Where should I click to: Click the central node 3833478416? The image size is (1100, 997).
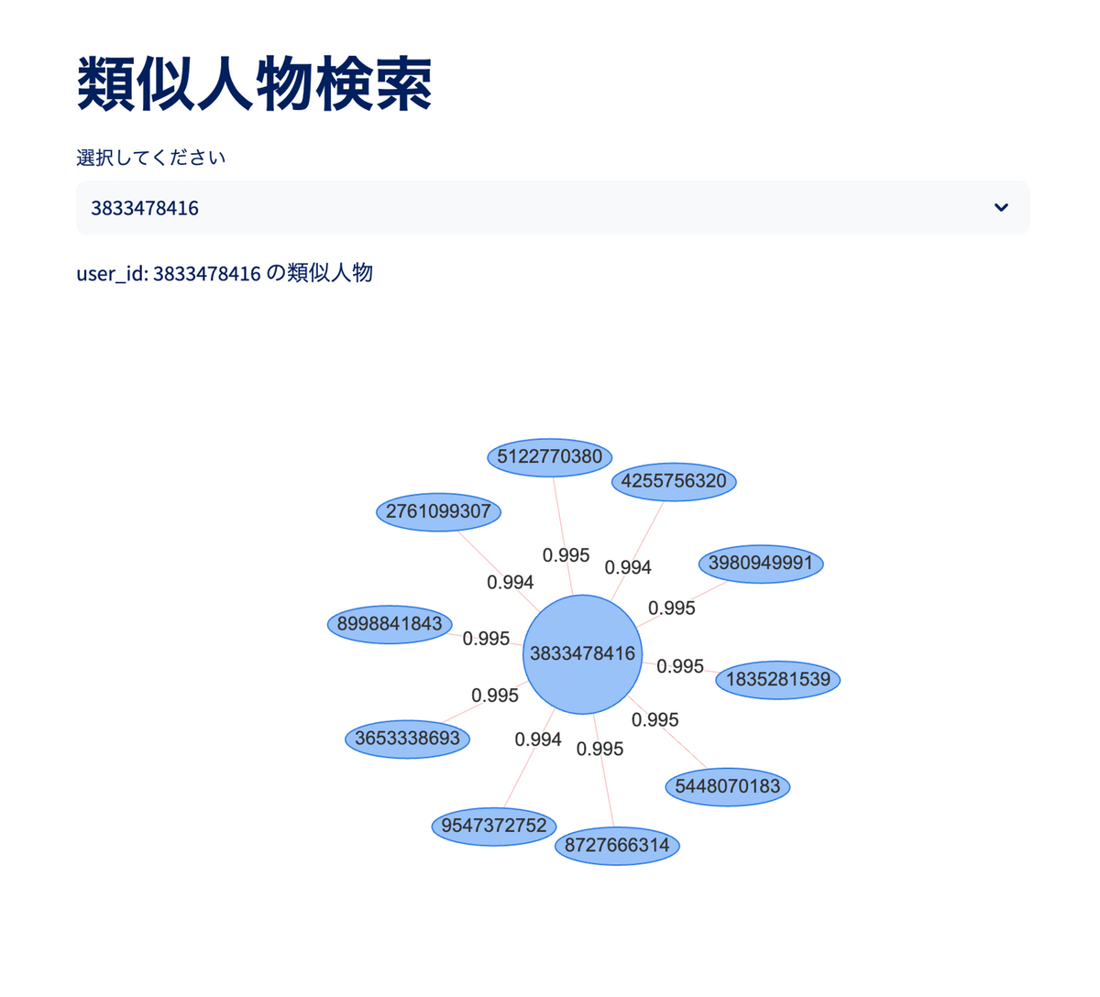click(582, 654)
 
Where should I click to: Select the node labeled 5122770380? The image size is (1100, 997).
click(550, 457)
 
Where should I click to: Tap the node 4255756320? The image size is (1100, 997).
click(674, 481)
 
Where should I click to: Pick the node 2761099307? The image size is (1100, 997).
click(438, 511)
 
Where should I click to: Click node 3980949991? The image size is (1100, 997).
click(761, 563)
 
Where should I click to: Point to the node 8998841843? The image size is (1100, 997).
click(390, 624)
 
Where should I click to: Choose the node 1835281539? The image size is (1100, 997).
click(778, 680)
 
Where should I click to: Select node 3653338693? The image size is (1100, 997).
click(407, 739)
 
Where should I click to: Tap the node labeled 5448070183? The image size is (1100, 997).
click(728, 786)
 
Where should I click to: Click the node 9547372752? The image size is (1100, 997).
click(494, 826)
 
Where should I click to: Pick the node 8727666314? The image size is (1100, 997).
click(617, 845)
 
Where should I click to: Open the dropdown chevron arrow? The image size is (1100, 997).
click(1001, 208)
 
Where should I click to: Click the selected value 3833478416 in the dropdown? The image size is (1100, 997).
click(145, 208)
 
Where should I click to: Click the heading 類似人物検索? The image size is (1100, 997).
click(254, 84)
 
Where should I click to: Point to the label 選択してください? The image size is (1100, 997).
click(150, 158)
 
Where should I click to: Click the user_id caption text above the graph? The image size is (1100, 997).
click(225, 273)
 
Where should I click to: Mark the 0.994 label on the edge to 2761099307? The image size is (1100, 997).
click(511, 583)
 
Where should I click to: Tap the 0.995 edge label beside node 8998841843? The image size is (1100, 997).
click(486, 639)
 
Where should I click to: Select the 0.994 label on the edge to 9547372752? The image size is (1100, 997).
click(538, 740)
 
